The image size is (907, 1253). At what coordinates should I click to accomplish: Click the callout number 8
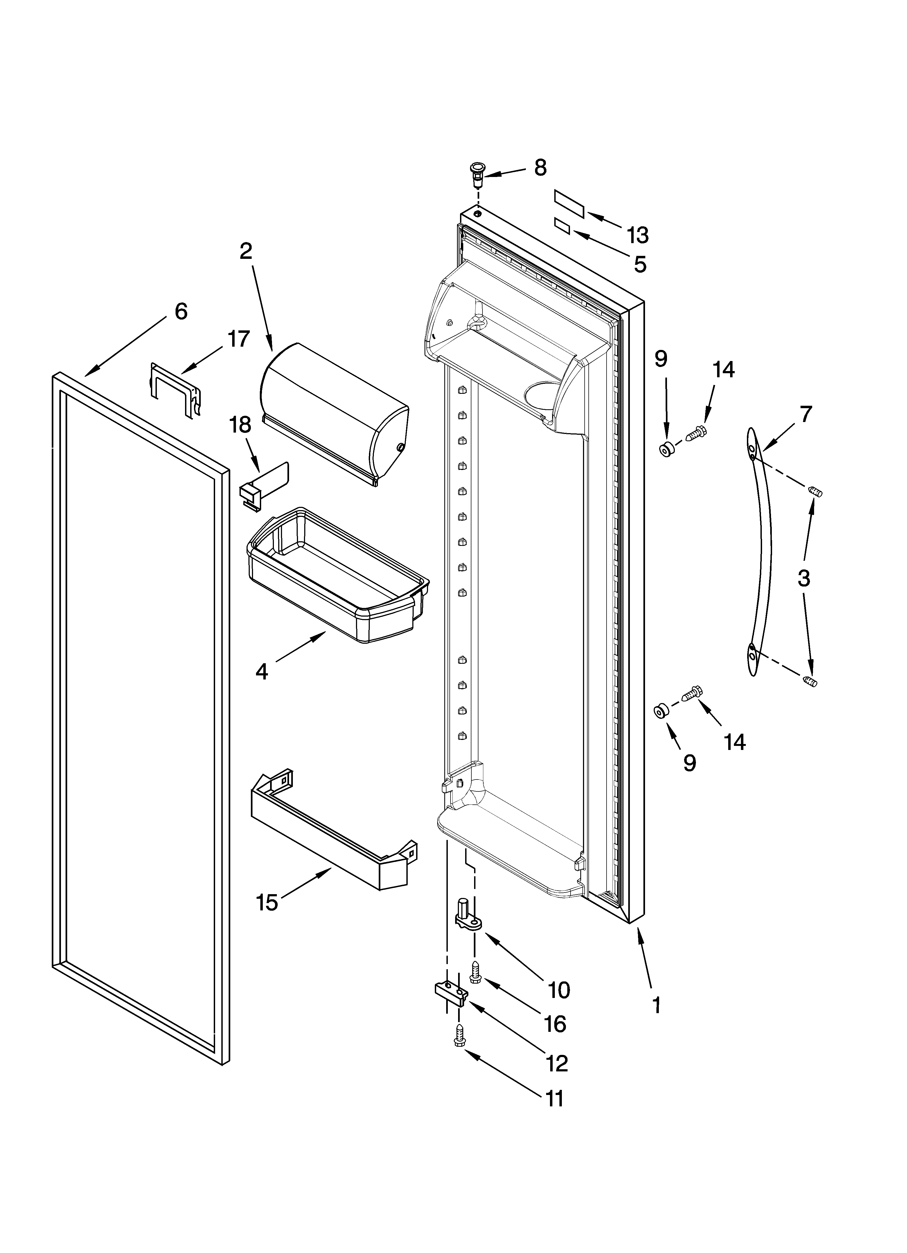click(540, 168)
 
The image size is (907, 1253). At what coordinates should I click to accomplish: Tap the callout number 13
click(637, 235)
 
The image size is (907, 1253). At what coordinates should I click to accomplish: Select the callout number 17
click(239, 339)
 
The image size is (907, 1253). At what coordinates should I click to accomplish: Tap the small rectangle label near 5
click(562, 226)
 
